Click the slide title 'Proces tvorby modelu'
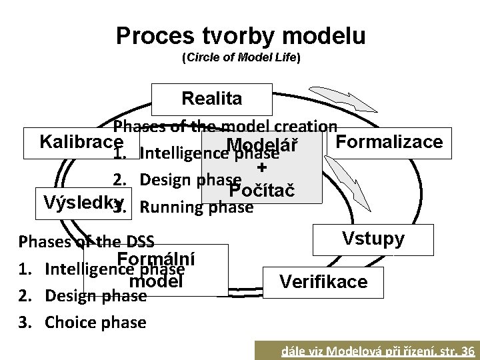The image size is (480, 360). [x=240, y=36]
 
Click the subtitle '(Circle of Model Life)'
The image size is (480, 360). [x=241, y=58]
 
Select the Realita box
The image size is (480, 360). [x=212, y=99]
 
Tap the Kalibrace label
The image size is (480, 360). [x=81, y=142]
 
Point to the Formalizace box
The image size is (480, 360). [x=389, y=142]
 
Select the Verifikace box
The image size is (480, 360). [x=323, y=282]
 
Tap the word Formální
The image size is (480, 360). [x=156, y=259]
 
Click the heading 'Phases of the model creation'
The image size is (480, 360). [x=225, y=127]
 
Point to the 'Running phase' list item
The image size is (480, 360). [x=197, y=207]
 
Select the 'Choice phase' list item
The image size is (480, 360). [x=95, y=323]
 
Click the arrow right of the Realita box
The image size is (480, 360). [x=347, y=100]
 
